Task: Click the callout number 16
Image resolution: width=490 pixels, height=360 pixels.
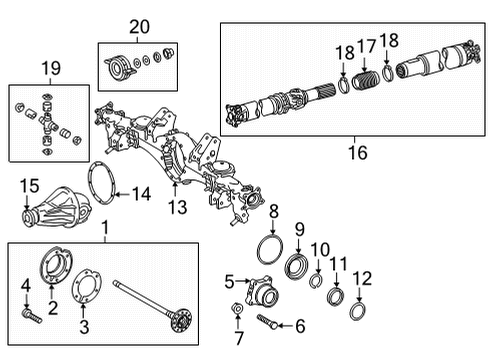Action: click(x=356, y=152)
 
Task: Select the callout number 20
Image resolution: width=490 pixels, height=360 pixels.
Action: click(x=137, y=26)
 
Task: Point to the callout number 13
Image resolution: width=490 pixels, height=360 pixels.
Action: click(x=176, y=206)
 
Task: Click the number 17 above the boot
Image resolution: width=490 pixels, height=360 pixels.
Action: click(x=369, y=46)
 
